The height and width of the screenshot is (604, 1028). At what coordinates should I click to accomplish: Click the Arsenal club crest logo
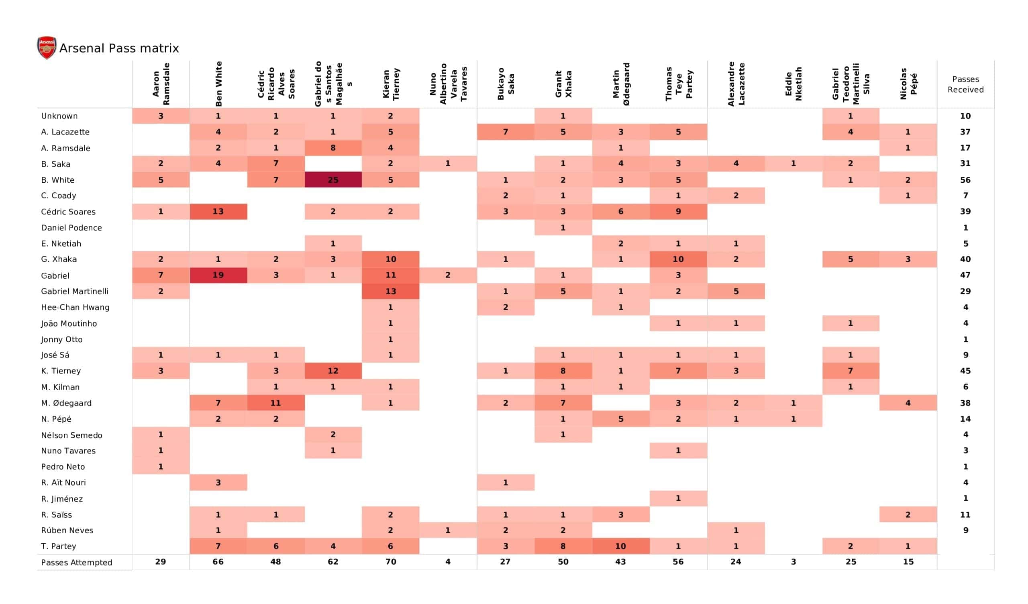coord(47,47)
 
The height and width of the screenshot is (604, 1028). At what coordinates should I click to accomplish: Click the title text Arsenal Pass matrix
coord(119,49)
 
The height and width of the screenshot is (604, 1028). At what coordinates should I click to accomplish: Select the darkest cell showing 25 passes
coord(333,180)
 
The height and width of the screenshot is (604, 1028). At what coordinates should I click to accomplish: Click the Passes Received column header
coord(965,84)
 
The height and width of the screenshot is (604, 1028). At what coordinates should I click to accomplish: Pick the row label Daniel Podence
coord(71,228)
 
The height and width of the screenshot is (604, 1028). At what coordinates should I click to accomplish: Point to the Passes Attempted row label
coord(76,562)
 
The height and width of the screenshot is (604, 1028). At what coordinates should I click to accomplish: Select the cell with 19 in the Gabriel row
coord(218,275)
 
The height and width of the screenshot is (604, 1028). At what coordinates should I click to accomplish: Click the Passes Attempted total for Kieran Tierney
coord(390,562)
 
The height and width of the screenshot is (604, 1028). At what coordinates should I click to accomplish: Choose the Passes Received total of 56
coord(965,180)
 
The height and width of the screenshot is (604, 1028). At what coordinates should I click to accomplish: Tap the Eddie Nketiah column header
coord(793,84)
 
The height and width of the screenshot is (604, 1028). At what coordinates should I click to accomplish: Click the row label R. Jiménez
coord(61,499)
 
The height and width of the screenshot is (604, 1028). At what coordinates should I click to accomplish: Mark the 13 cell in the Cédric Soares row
coord(218,211)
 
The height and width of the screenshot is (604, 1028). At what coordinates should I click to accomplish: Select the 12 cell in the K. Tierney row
coord(333,371)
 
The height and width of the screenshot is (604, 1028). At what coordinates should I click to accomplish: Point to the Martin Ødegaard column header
coord(621,84)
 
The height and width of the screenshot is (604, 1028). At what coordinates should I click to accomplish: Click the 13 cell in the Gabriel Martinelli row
coord(390,291)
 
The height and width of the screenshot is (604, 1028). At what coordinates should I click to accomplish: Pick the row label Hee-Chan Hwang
coord(75,307)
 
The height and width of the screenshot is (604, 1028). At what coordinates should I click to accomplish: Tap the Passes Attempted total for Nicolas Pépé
coord(908,562)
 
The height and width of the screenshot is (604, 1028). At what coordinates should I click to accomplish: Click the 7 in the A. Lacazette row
coord(506,132)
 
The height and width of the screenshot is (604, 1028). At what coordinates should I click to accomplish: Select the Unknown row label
coord(59,116)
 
